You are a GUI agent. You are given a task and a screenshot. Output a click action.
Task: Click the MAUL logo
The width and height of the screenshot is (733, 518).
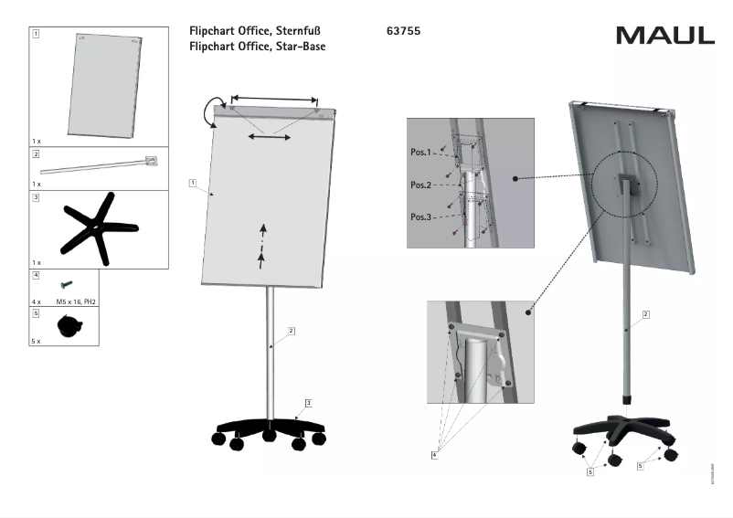[x=664, y=36]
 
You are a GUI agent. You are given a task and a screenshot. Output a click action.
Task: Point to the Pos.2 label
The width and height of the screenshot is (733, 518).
[x=421, y=184]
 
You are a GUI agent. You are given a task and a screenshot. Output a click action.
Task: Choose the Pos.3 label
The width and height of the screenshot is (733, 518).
[x=421, y=217]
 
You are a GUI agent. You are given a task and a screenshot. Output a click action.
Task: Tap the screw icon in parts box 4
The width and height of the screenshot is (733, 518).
[x=66, y=285]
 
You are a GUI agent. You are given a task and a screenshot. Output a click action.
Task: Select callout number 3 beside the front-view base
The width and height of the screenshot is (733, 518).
[x=309, y=403]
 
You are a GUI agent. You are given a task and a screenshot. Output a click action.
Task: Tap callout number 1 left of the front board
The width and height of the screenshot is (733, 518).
[x=194, y=183]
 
